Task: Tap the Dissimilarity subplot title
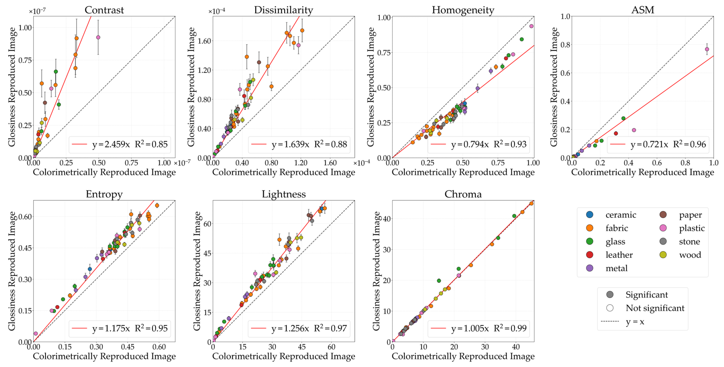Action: pos(283,10)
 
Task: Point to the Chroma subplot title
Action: pos(463,194)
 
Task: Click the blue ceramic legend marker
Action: pos(590,215)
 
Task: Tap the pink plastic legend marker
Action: pos(663,228)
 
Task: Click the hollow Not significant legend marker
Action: pos(610,308)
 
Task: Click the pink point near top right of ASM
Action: pos(707,49)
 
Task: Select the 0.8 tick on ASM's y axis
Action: pos(565,45)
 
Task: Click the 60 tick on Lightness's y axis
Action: pos(207,224)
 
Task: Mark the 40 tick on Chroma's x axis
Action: pos(516,347)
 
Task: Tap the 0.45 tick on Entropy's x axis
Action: pos(128,347)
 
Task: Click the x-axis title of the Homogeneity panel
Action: pos(463,172)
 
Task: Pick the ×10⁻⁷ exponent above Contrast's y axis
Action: pos(37,11)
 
